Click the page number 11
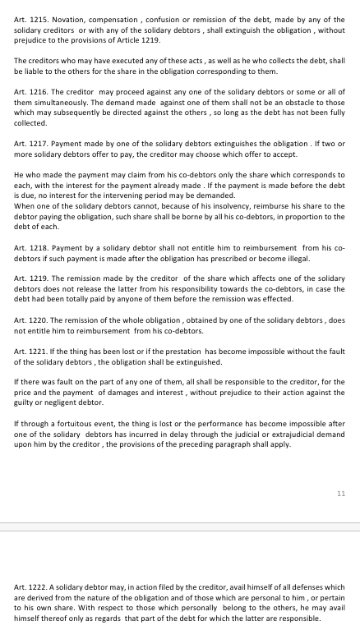(341, 494)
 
